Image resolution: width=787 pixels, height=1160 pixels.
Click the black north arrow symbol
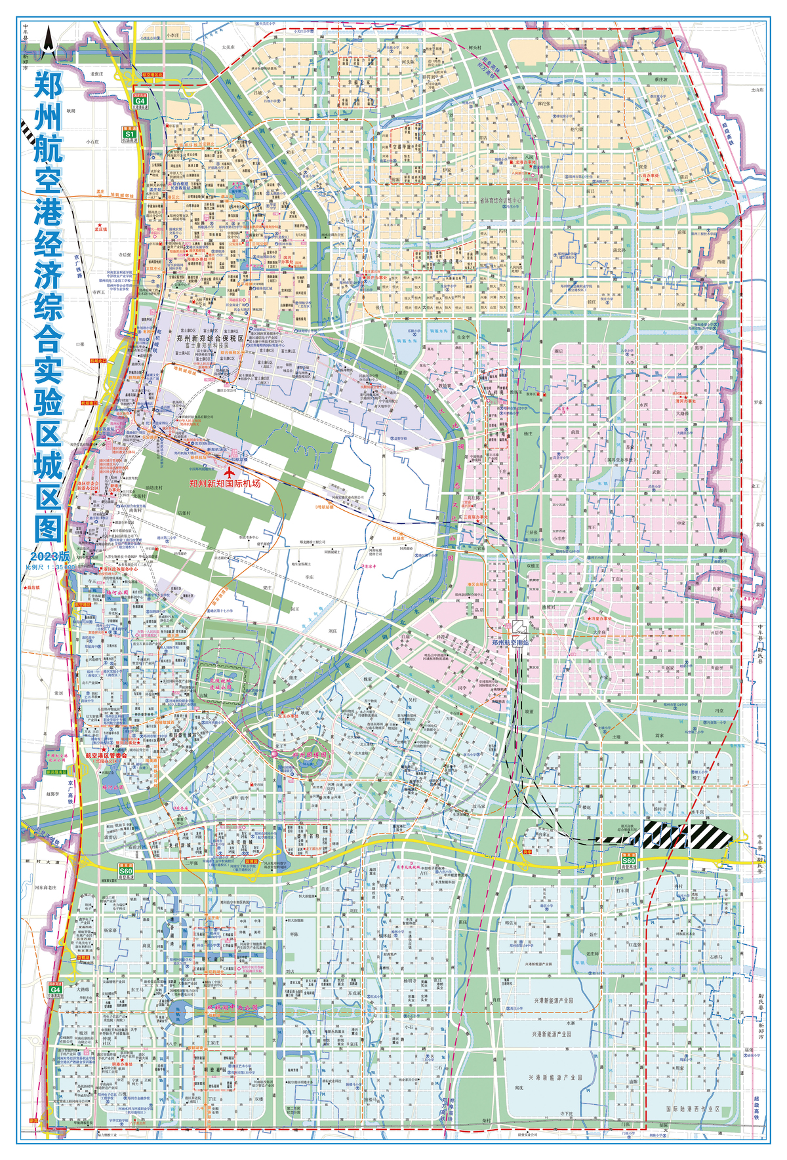[48, 38]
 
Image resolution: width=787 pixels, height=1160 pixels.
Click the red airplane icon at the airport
[230, 471]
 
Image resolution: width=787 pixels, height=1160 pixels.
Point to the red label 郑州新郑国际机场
[224, 483]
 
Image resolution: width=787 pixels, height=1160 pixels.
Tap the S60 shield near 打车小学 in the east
[629, 860]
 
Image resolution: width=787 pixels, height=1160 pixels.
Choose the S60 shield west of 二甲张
[125, 871]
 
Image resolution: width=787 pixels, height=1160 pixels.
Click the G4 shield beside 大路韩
[55, 990]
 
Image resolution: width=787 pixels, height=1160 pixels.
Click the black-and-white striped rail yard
[682, 835]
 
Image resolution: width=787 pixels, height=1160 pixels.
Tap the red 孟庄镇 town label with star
[100, 230]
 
